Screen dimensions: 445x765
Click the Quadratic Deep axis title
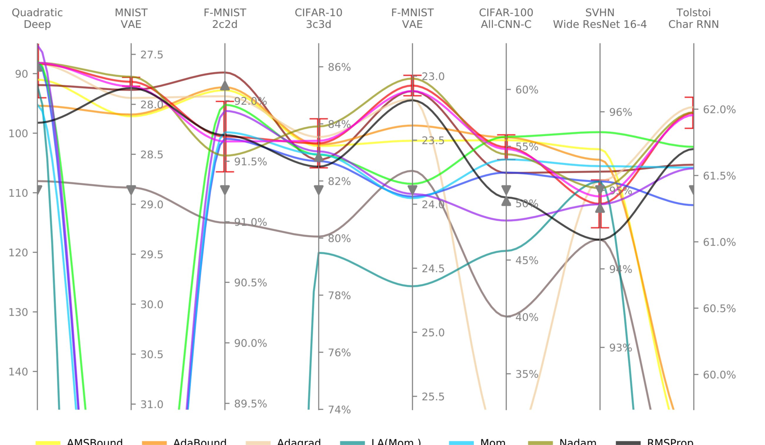point(37,18)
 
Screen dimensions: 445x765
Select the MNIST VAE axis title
point(131,18)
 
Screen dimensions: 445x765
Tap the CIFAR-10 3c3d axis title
point(318,18)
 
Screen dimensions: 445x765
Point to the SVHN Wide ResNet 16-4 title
point(600,18)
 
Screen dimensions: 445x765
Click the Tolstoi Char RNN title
point(693,18)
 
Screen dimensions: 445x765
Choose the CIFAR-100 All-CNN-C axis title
point(506,18)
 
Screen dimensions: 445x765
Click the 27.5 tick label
point(151,55)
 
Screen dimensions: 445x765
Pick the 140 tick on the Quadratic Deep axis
point(18,372)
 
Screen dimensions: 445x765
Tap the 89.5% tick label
point(250,404)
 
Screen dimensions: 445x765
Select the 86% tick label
point(339,67)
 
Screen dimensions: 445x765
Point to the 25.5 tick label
point(433,397)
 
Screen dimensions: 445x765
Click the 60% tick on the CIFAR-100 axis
point(527,90)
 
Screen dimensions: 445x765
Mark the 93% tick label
point(620,348)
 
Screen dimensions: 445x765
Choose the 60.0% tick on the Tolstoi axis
point(719,375)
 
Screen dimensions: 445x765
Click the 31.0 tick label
point(151,404)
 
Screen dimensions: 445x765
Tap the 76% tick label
point(339,353)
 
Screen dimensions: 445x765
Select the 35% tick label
point(527,374)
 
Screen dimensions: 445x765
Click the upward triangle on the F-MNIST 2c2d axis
point(225,86)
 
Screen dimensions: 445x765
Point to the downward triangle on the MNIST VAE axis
point(131,190)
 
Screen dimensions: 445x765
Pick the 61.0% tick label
point(719,242)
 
